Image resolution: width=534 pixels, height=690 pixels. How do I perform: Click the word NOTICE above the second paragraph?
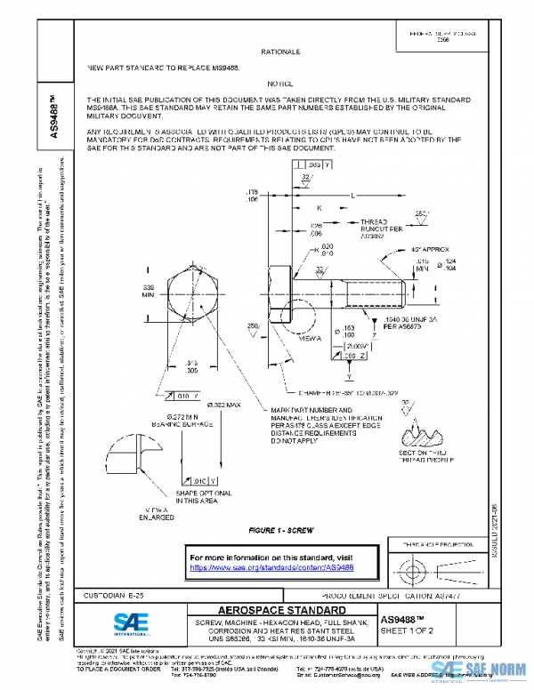pos(280,82)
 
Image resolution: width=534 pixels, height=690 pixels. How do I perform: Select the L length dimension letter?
pos(352,194)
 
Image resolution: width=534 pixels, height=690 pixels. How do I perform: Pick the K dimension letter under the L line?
pos(319,207)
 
